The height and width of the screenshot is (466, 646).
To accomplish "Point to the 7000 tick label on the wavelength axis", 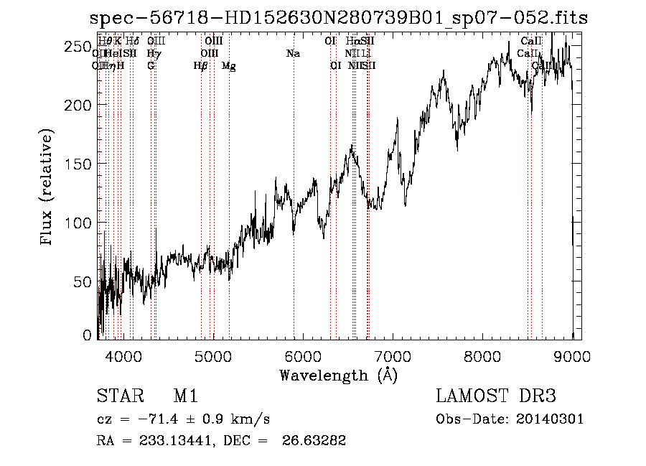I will tap(393, 356).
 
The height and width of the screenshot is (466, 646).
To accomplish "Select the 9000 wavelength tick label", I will tap(572, 356).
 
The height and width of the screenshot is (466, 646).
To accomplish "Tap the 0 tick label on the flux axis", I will tap(88, 335).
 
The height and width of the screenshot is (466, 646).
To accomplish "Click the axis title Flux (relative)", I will tap(47, 188).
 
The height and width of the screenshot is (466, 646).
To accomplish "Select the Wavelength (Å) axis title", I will tap(338, 375).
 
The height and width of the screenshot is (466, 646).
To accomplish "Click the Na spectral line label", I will tap(293, 54).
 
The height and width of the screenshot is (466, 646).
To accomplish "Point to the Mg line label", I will tap(228, 66).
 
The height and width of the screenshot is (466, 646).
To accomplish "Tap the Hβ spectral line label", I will tap(200, 66).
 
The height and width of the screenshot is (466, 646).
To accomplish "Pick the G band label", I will tap(151, 65).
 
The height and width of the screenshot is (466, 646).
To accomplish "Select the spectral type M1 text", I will tap(185, 396).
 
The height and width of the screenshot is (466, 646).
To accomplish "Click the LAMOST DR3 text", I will tap(496, 396).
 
